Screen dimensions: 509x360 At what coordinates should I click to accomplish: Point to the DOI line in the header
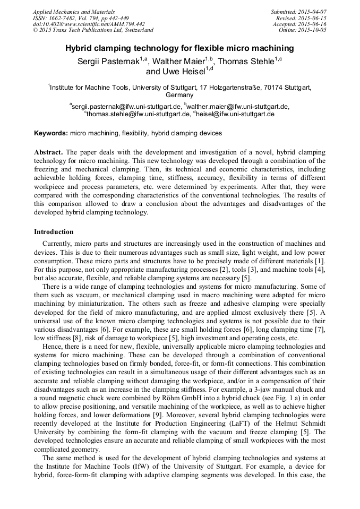(x=88, y=24)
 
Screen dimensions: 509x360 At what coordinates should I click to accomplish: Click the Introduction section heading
(x=54, y=232)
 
